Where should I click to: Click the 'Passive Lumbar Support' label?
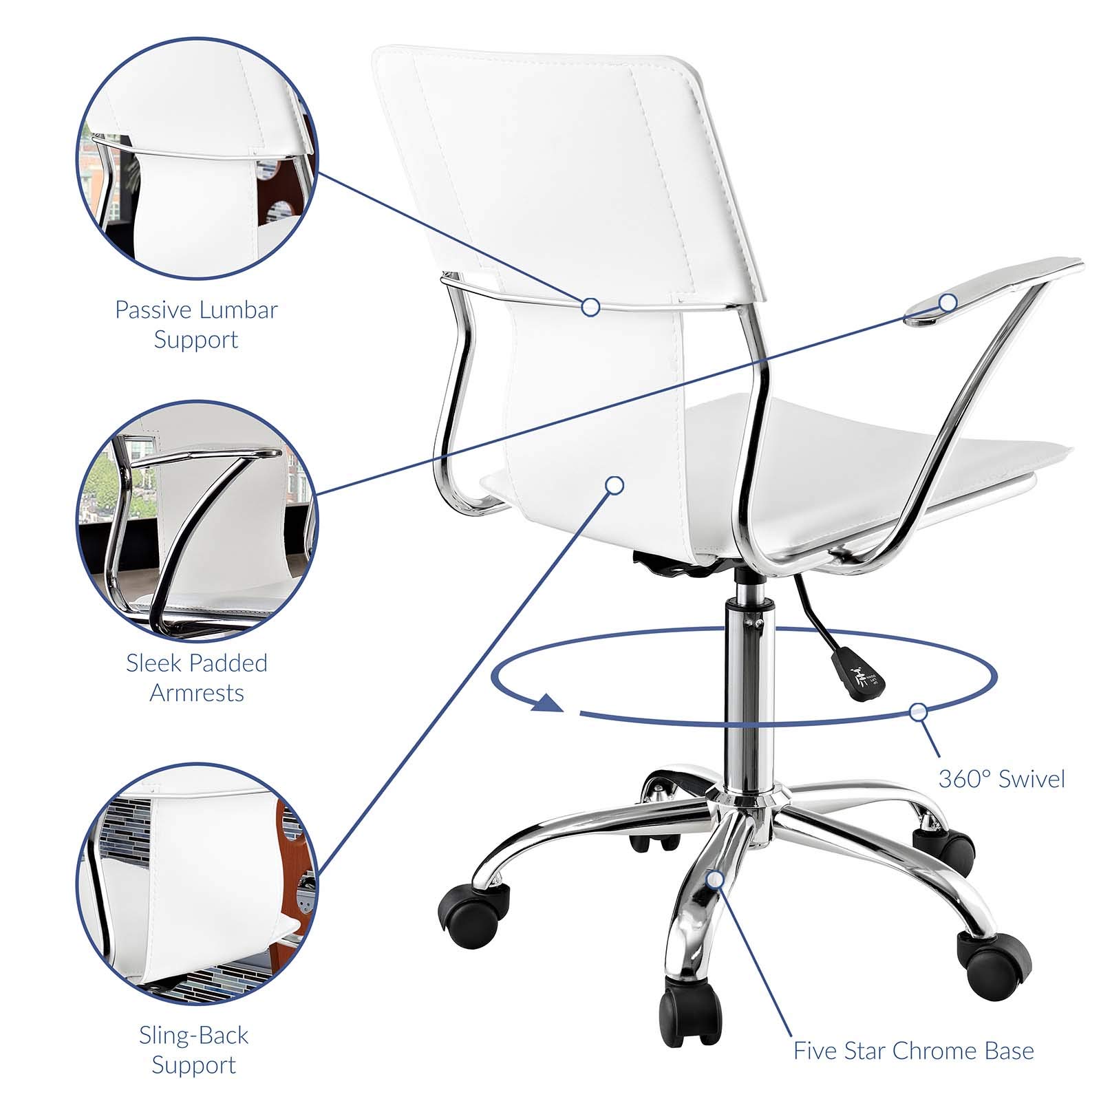click(196, 324)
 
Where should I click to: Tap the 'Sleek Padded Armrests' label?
click(197, 678)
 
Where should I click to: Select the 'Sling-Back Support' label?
click(194, 1049)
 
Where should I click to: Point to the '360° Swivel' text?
click(1001, 779)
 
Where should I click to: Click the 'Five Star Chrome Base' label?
click(914, 1051)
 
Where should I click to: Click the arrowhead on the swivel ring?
click(548, 703)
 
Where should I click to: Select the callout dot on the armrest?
click(948, 301)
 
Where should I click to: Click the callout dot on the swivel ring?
click(918, 712)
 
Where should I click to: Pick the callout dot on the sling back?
click(614, 485)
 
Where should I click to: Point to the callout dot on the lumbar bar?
click(590, 307)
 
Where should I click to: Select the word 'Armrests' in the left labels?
click(197, 692)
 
